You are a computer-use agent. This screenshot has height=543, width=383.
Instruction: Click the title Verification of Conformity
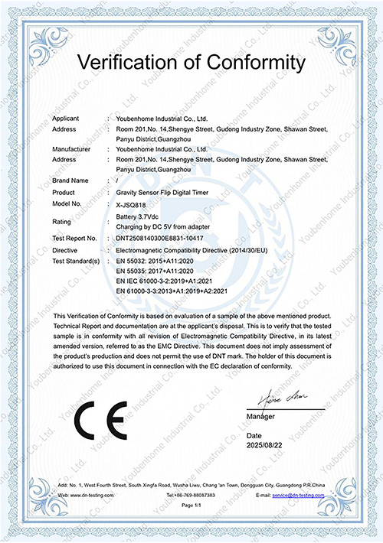pos(191,61)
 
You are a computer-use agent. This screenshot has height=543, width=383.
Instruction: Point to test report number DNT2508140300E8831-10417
pos(160,239)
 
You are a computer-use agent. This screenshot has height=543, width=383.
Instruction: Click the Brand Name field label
pos(70,180)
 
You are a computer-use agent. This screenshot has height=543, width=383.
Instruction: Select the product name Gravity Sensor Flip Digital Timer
pos(163,192)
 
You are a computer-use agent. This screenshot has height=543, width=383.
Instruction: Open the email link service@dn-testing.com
pos(299,496)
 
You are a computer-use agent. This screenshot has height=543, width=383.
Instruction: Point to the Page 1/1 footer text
pos(191,507)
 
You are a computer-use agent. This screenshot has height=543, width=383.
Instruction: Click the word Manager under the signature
pos(260,416)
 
